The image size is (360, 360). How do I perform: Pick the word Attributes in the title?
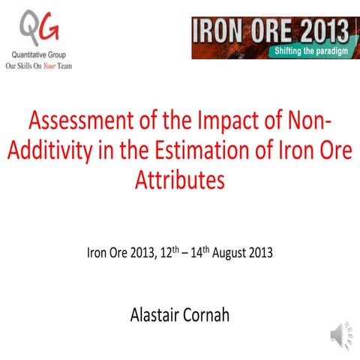click(179, 181)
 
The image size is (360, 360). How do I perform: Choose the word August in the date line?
click(237, 252)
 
